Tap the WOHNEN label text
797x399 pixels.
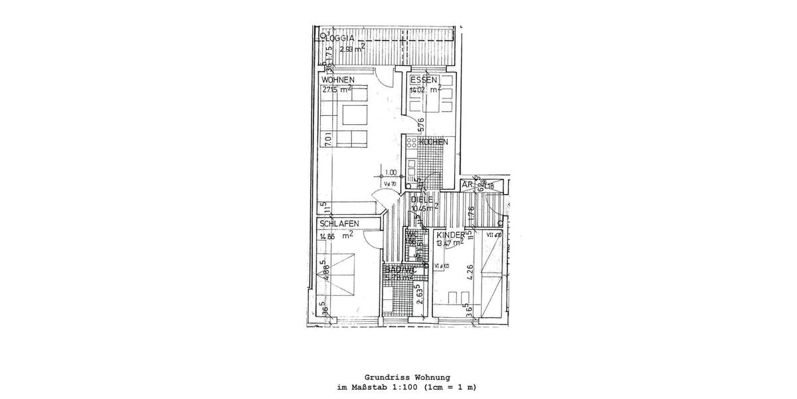[x=338, y=80]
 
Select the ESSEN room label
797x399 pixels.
[x=423, y=80]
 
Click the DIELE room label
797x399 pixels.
[x=422, y=198]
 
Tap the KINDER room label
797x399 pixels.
[x=450, y=234]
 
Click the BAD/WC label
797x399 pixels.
[x=399, y=269]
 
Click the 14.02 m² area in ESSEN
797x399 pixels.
[x=425, y=89]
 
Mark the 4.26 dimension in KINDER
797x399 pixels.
[x=471, y=273]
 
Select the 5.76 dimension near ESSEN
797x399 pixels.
[x=421, y=125]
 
